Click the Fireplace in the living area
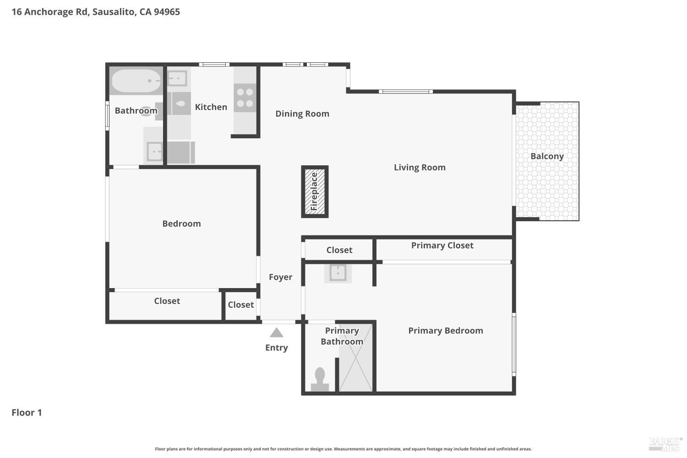click(315, 192)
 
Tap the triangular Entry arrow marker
click(276, 333)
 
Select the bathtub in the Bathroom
click(136, 81)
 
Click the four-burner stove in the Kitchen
click(245, 98)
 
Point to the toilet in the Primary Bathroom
click(320, 379)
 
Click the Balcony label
click(547, 156)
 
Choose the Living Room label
click(420, 168)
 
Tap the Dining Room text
click(302, 114)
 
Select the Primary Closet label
click(442, 245)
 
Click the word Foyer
click(281, 277)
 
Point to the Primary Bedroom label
click(446, 331)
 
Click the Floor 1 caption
click(27, 413)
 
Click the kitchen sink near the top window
click(177, 78)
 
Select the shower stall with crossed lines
click(355, 358)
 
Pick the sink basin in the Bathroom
click(154, 151)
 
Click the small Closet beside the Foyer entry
click(241, 305)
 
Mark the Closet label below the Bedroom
click(167, 301)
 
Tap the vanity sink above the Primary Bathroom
click(338, 273)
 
